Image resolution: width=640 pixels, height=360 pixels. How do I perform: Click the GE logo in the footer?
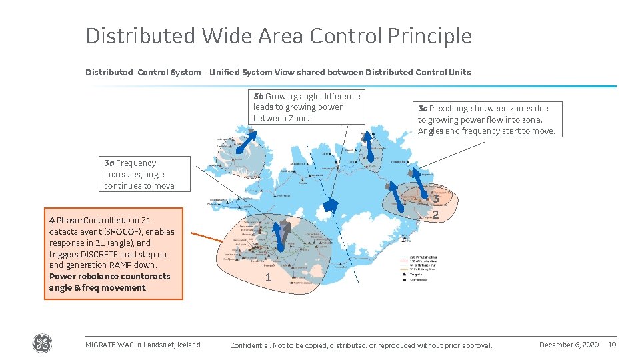42,344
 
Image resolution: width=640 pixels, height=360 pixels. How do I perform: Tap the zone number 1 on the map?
268,277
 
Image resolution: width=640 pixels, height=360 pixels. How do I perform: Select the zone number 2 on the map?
435,215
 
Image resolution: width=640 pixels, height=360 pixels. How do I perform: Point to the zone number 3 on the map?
435,199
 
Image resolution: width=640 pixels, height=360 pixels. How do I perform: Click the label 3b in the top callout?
259,96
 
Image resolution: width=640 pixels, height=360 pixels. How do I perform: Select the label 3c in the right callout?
423,108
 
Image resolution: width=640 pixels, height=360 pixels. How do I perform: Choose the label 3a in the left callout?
109,163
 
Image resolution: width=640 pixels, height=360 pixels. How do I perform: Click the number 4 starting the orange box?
52,220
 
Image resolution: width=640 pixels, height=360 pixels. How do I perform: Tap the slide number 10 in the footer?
612,345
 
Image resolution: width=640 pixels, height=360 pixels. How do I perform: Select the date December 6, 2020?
569,345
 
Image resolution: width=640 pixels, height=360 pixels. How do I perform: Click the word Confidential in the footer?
251,345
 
